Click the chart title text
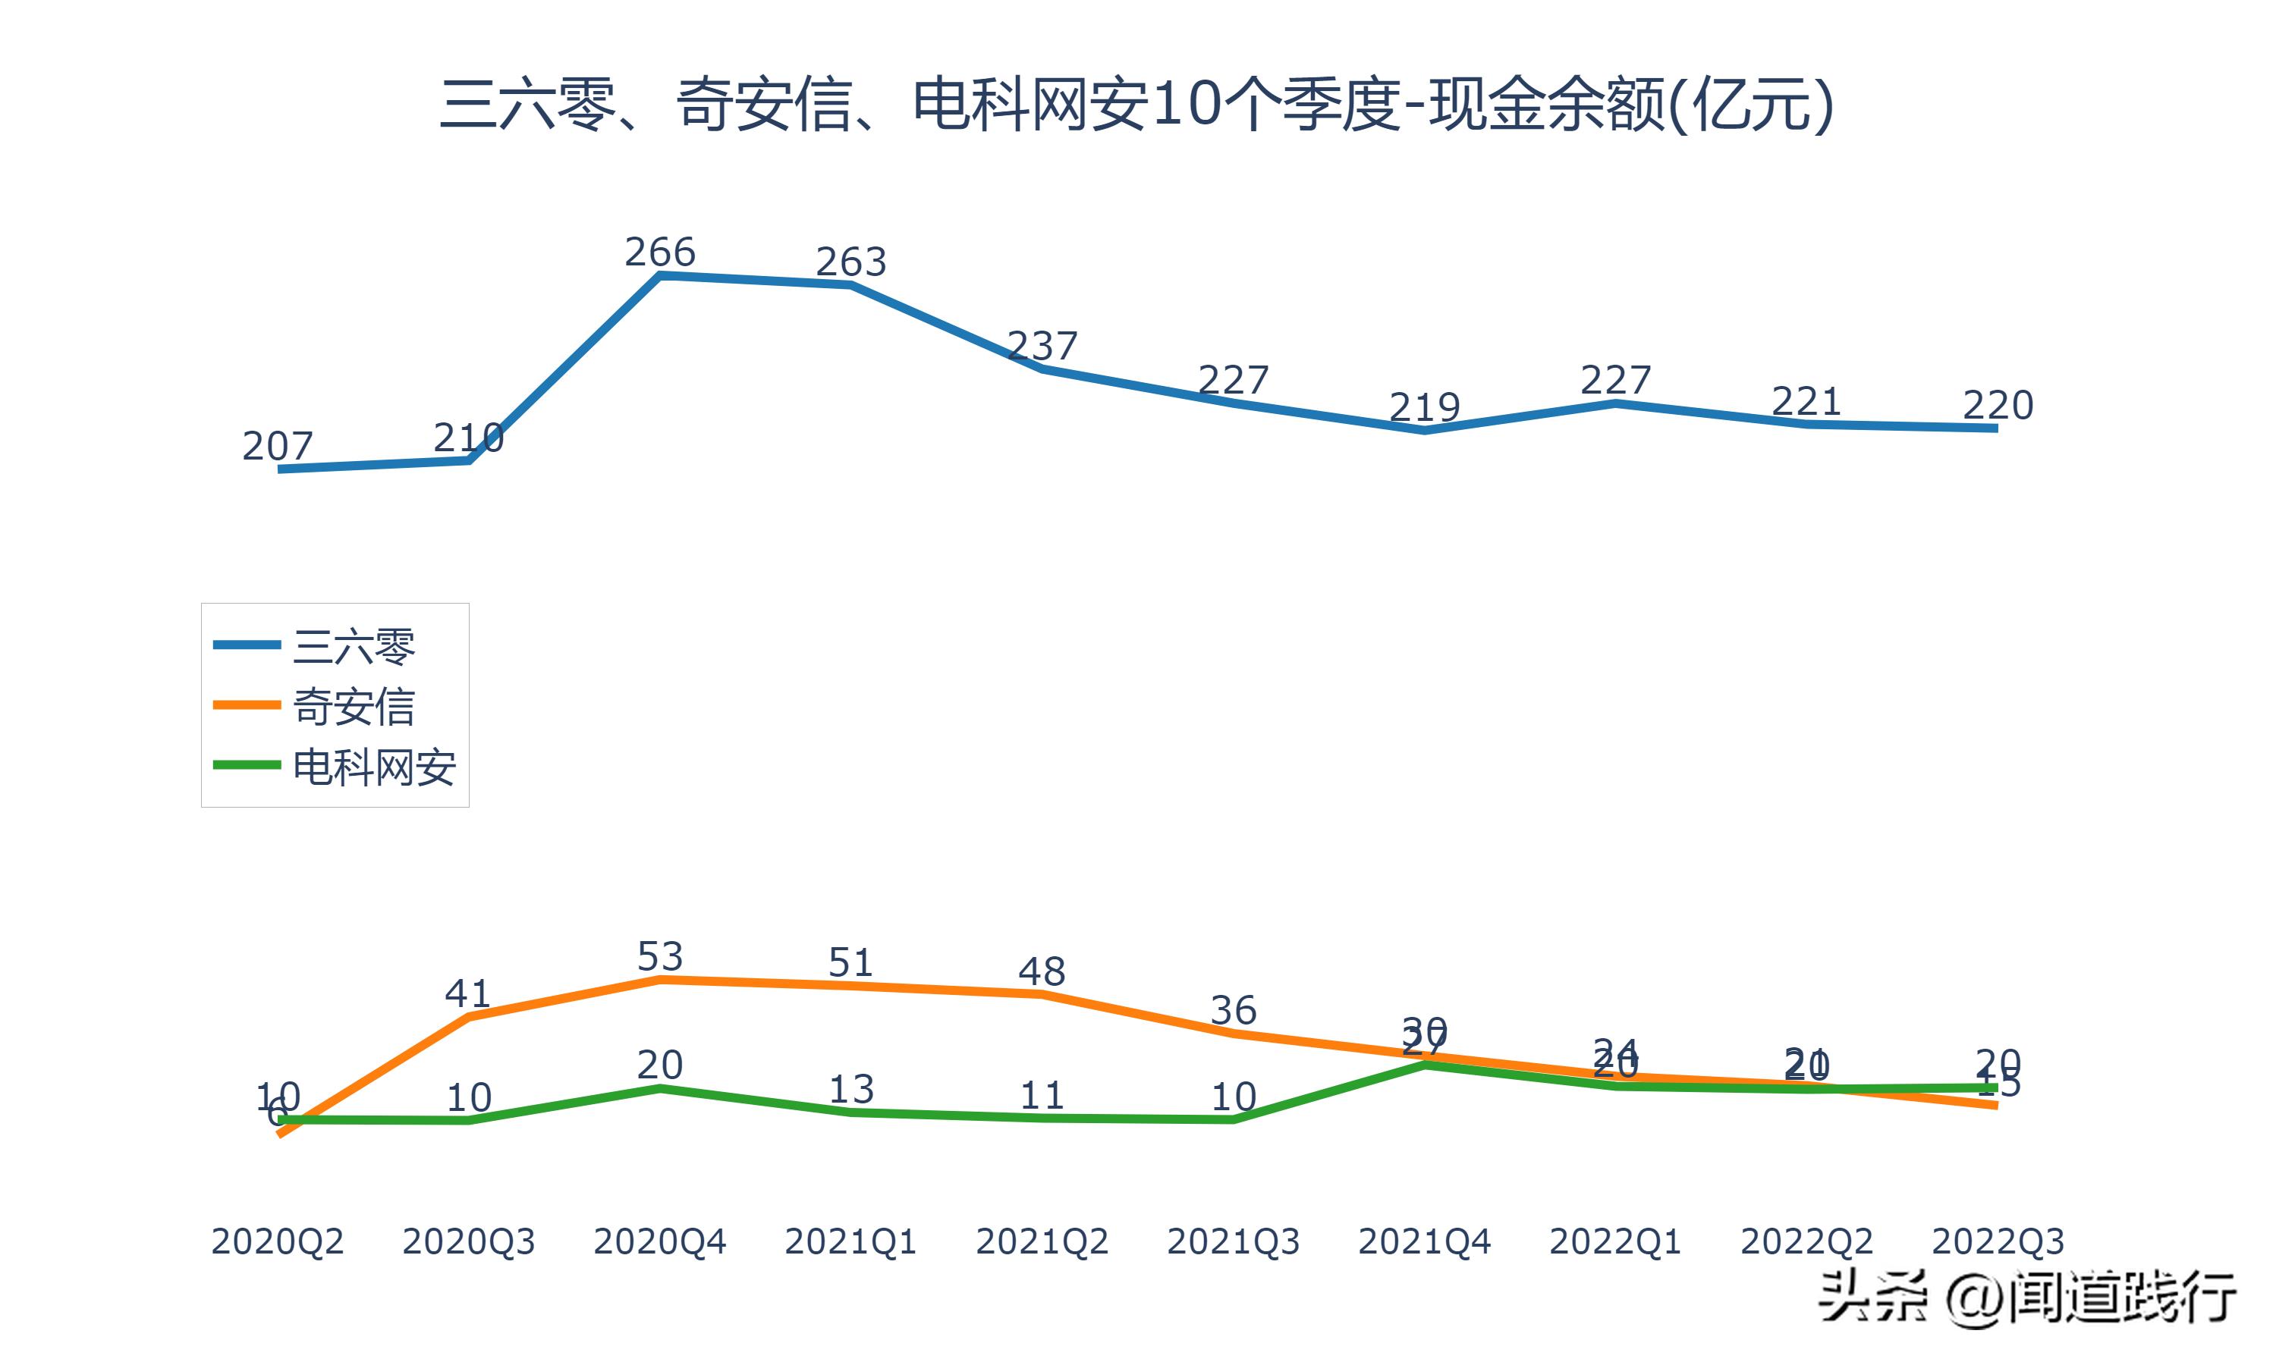(1137, 104)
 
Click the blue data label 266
(659, 252)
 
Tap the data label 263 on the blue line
(851, 262)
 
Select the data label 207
(277, 446)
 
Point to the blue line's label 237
(1042, 346)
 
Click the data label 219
(1424, 406)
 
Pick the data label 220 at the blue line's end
(1998, 405)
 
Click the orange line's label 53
(659, 956)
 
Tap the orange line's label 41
(467, 993)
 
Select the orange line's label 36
(1233, 1010)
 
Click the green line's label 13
(851, 1089)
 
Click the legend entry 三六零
(354, 647)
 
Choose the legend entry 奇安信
(354, 707)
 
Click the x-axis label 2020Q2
(277, 1241)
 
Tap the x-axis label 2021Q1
(851, 1241)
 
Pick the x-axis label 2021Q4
(1424, 1241)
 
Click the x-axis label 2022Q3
(1998, 1241)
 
